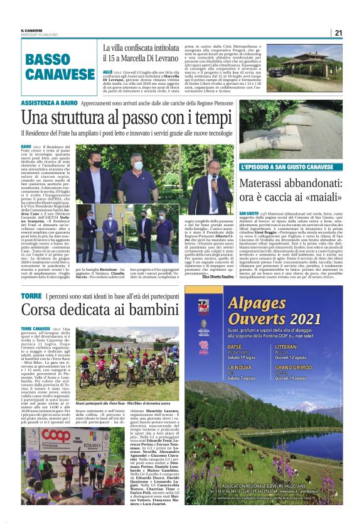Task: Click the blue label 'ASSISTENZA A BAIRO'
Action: coord(48,101)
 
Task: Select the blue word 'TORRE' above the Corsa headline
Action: coord(31,295)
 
